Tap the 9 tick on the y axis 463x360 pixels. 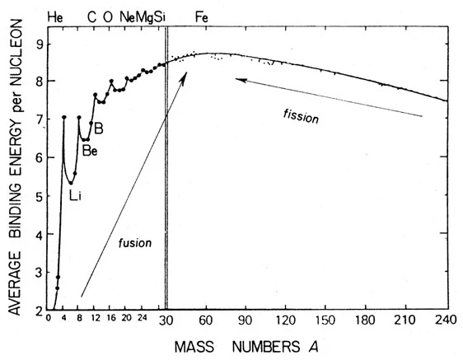38,42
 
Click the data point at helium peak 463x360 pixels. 63,118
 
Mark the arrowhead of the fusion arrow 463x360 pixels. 186,75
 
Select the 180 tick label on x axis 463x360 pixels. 366,320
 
